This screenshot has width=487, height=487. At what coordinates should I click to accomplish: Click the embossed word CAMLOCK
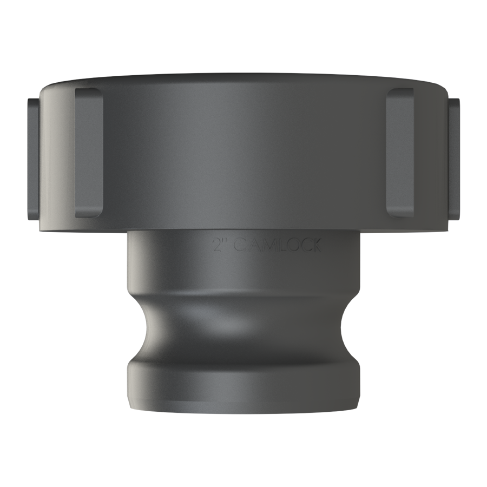click(277, 245)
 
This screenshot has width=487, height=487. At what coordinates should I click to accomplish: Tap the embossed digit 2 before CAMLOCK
click(216, 245)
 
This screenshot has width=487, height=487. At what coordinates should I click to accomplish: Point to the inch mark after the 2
click(225, 241)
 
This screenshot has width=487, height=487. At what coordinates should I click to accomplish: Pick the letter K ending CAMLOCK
click(315, 246)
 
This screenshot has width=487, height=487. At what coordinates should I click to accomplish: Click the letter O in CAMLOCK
click(290, 245)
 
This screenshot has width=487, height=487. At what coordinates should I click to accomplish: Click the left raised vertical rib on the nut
click(89, 153)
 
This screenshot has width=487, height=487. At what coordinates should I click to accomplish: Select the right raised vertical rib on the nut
click(400, 153)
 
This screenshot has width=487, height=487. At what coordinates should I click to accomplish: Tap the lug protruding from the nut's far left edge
click(34, 159)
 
